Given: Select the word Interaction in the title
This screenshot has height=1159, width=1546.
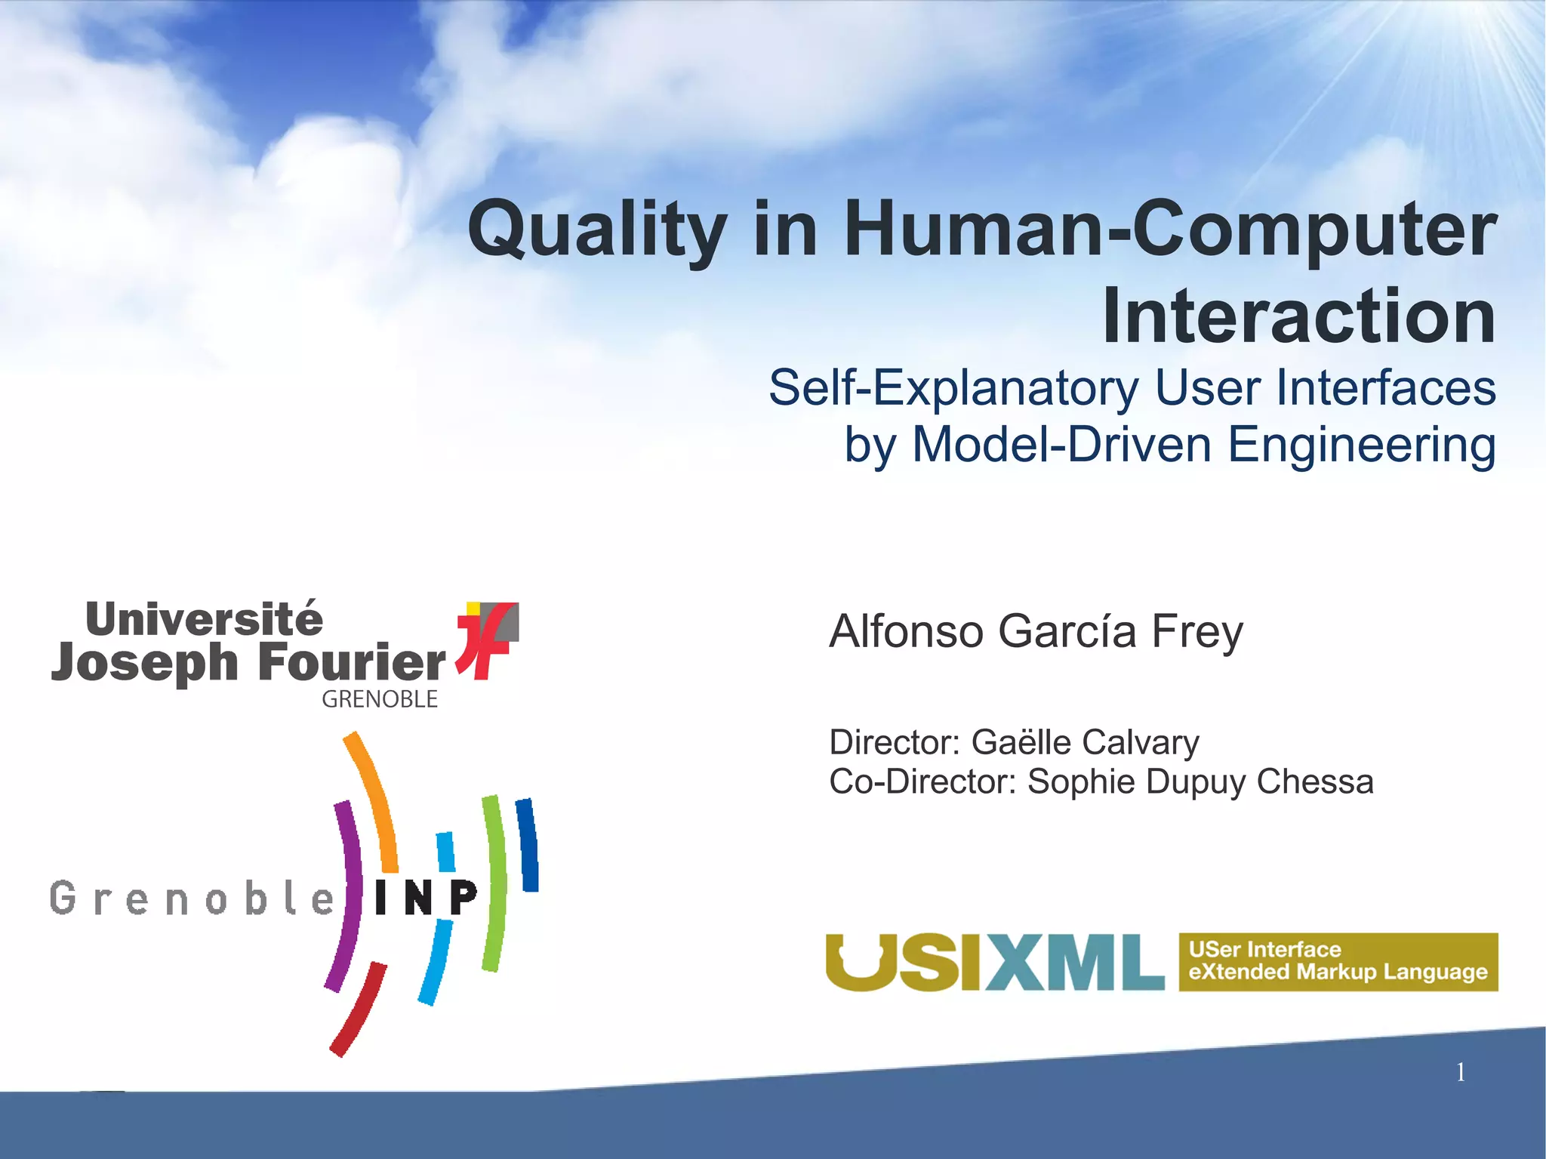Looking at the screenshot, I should pos(1298,316).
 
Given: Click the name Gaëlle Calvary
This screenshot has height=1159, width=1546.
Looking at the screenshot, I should pos(1085,742).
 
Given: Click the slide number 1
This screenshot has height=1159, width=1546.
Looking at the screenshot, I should pos(1461,1072).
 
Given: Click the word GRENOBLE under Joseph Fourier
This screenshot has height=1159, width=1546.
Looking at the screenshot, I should pos(380,699).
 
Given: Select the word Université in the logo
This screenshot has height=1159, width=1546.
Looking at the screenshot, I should pos(204,619).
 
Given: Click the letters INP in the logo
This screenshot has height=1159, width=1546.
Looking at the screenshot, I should pos(426,898).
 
